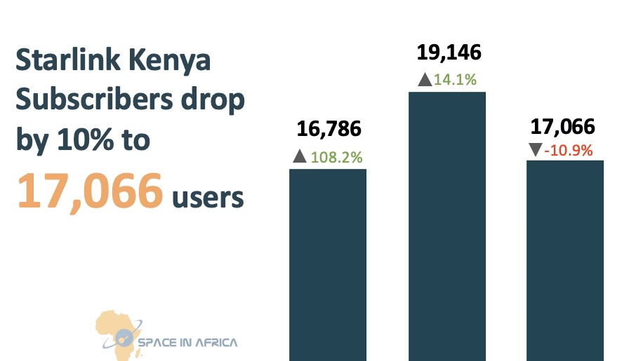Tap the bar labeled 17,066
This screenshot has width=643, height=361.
(565, 260)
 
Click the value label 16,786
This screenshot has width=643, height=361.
(329, 129)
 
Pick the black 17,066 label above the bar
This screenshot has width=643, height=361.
(563, 127)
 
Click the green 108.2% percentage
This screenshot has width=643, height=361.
(337, 157)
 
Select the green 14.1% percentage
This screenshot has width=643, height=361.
(456, 80)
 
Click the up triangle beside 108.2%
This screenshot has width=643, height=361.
(300, 157)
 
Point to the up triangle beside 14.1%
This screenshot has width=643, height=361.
(424, 80)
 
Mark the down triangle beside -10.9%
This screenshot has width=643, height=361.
(535, 149)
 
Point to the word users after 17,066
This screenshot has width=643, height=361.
(208, 198)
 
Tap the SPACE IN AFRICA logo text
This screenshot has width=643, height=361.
(187, 343)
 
